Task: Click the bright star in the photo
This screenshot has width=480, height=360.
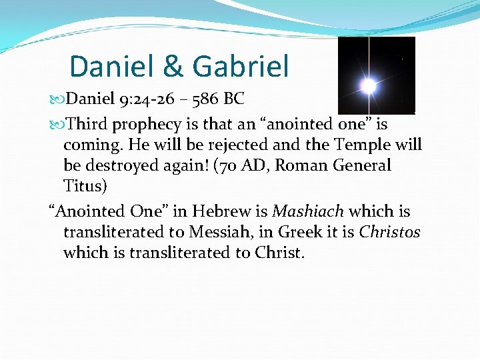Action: tap(367, 85)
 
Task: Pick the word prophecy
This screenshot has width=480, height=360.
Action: tap(146, 124)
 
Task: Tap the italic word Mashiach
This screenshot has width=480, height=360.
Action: tap(307, 211)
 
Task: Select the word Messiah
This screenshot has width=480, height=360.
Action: tap(222, 232)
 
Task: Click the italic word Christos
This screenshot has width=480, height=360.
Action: tap(389, 232)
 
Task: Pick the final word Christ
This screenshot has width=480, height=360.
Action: tap(280, 253)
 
